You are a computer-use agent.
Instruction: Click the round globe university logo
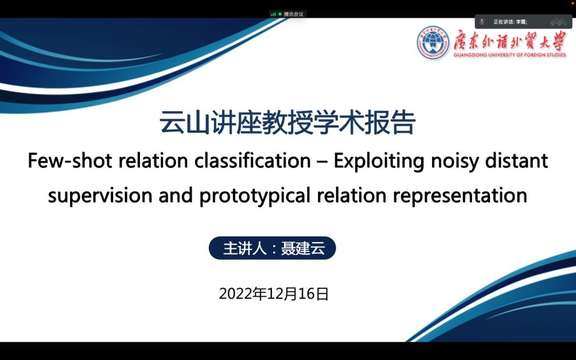point(433,42)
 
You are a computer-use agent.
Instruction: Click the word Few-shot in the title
point(70,161)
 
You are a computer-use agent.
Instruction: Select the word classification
point(252,161)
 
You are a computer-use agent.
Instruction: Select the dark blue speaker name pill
point(272,248)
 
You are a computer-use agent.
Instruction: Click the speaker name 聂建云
point(303,248)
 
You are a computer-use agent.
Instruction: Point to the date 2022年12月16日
point(274,294)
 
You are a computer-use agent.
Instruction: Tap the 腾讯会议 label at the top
point(294,14)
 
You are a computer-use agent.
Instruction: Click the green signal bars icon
point(273,14)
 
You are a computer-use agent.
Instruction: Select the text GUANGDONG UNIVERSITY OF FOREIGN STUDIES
point(509,55)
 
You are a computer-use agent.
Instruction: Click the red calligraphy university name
point(509,40)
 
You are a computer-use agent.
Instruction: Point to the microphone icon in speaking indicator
point(482,22)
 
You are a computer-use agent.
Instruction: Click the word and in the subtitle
point(176,195)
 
